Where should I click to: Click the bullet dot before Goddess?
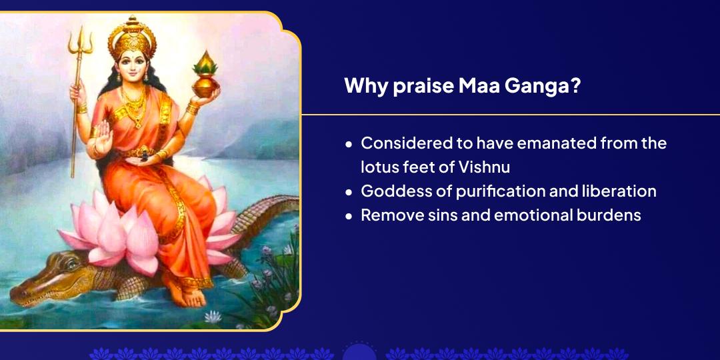click(349, 192)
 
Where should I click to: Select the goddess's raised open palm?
click(103, 137)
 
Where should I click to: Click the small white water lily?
click(213, 317)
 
